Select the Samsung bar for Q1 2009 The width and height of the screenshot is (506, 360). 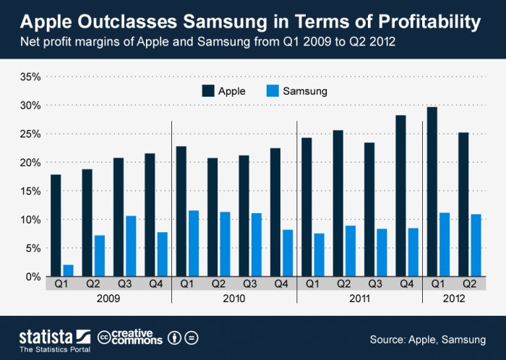(x=68, y=270)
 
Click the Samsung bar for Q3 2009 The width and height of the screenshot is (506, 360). (x=130, y=246)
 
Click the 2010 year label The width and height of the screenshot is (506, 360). (x=234, y=298)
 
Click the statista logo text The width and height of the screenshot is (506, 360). (x=45, y=335)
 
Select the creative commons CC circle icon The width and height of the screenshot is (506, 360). (x=103, y=337)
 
